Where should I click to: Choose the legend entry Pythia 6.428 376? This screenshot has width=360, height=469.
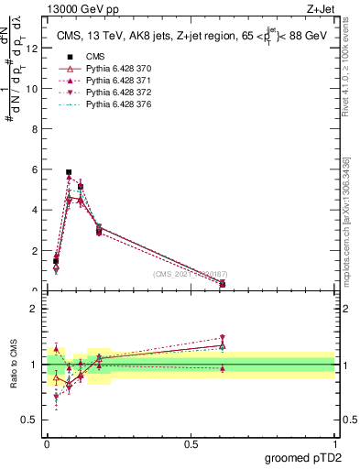pyautogui.click(x=115, y=105)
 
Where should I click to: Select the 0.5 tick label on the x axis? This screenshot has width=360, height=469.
pyautogui.click(x=191, y=443)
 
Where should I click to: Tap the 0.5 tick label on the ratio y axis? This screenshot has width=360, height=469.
pyautogui.click(x=29, y=420)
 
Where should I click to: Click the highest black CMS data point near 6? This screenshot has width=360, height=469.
pyautogui.click(x=69, y=172)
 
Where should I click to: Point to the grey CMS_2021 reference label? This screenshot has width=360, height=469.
pyautogui.click(x=190, y=273)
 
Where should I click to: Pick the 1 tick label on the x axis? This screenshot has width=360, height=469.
pyautogui.click(x=333, y=443)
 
